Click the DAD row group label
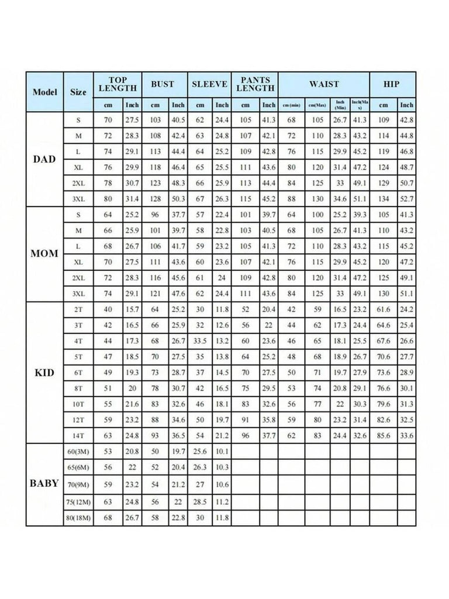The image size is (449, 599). click(44, 159)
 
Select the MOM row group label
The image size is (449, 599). click(44, 254)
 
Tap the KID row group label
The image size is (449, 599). click(44, 373)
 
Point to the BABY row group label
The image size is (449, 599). click(44, 484)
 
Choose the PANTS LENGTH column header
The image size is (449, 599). click(254, 85)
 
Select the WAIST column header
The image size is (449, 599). click(323, 85)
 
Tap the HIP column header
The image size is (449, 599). click(392, 85)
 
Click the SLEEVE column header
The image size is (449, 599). click(209, 85)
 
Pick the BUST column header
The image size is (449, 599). click(163, 85)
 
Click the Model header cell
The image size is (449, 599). click(44, 92)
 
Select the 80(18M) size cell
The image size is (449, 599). click(78, 518)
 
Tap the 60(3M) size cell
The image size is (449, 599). click(78, 452)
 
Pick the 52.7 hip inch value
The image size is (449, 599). click(406, 198)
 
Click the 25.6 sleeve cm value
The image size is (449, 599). click(200, 452)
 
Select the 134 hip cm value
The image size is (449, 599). click(384, 198)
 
